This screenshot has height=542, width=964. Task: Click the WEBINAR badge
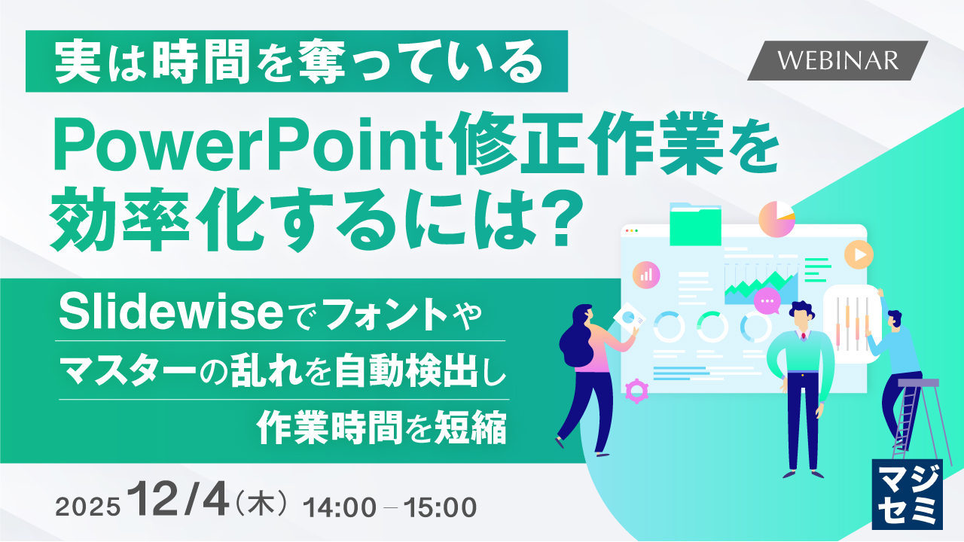point(837,60)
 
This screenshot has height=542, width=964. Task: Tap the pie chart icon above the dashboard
point(777,219)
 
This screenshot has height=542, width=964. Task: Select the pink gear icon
point(637,389)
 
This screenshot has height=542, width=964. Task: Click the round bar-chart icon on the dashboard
point(646,275)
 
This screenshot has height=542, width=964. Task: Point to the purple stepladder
point(920,422)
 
